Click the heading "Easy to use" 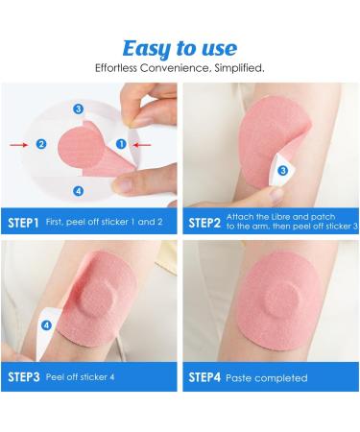coord(180,47)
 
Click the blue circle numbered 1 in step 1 coord(121,144)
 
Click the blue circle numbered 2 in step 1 coord(41,144)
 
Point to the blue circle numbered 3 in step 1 coord(78,109)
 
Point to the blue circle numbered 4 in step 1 coord(78,189)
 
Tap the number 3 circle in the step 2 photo coord(284,171)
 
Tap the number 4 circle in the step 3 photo coord(46,325)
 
